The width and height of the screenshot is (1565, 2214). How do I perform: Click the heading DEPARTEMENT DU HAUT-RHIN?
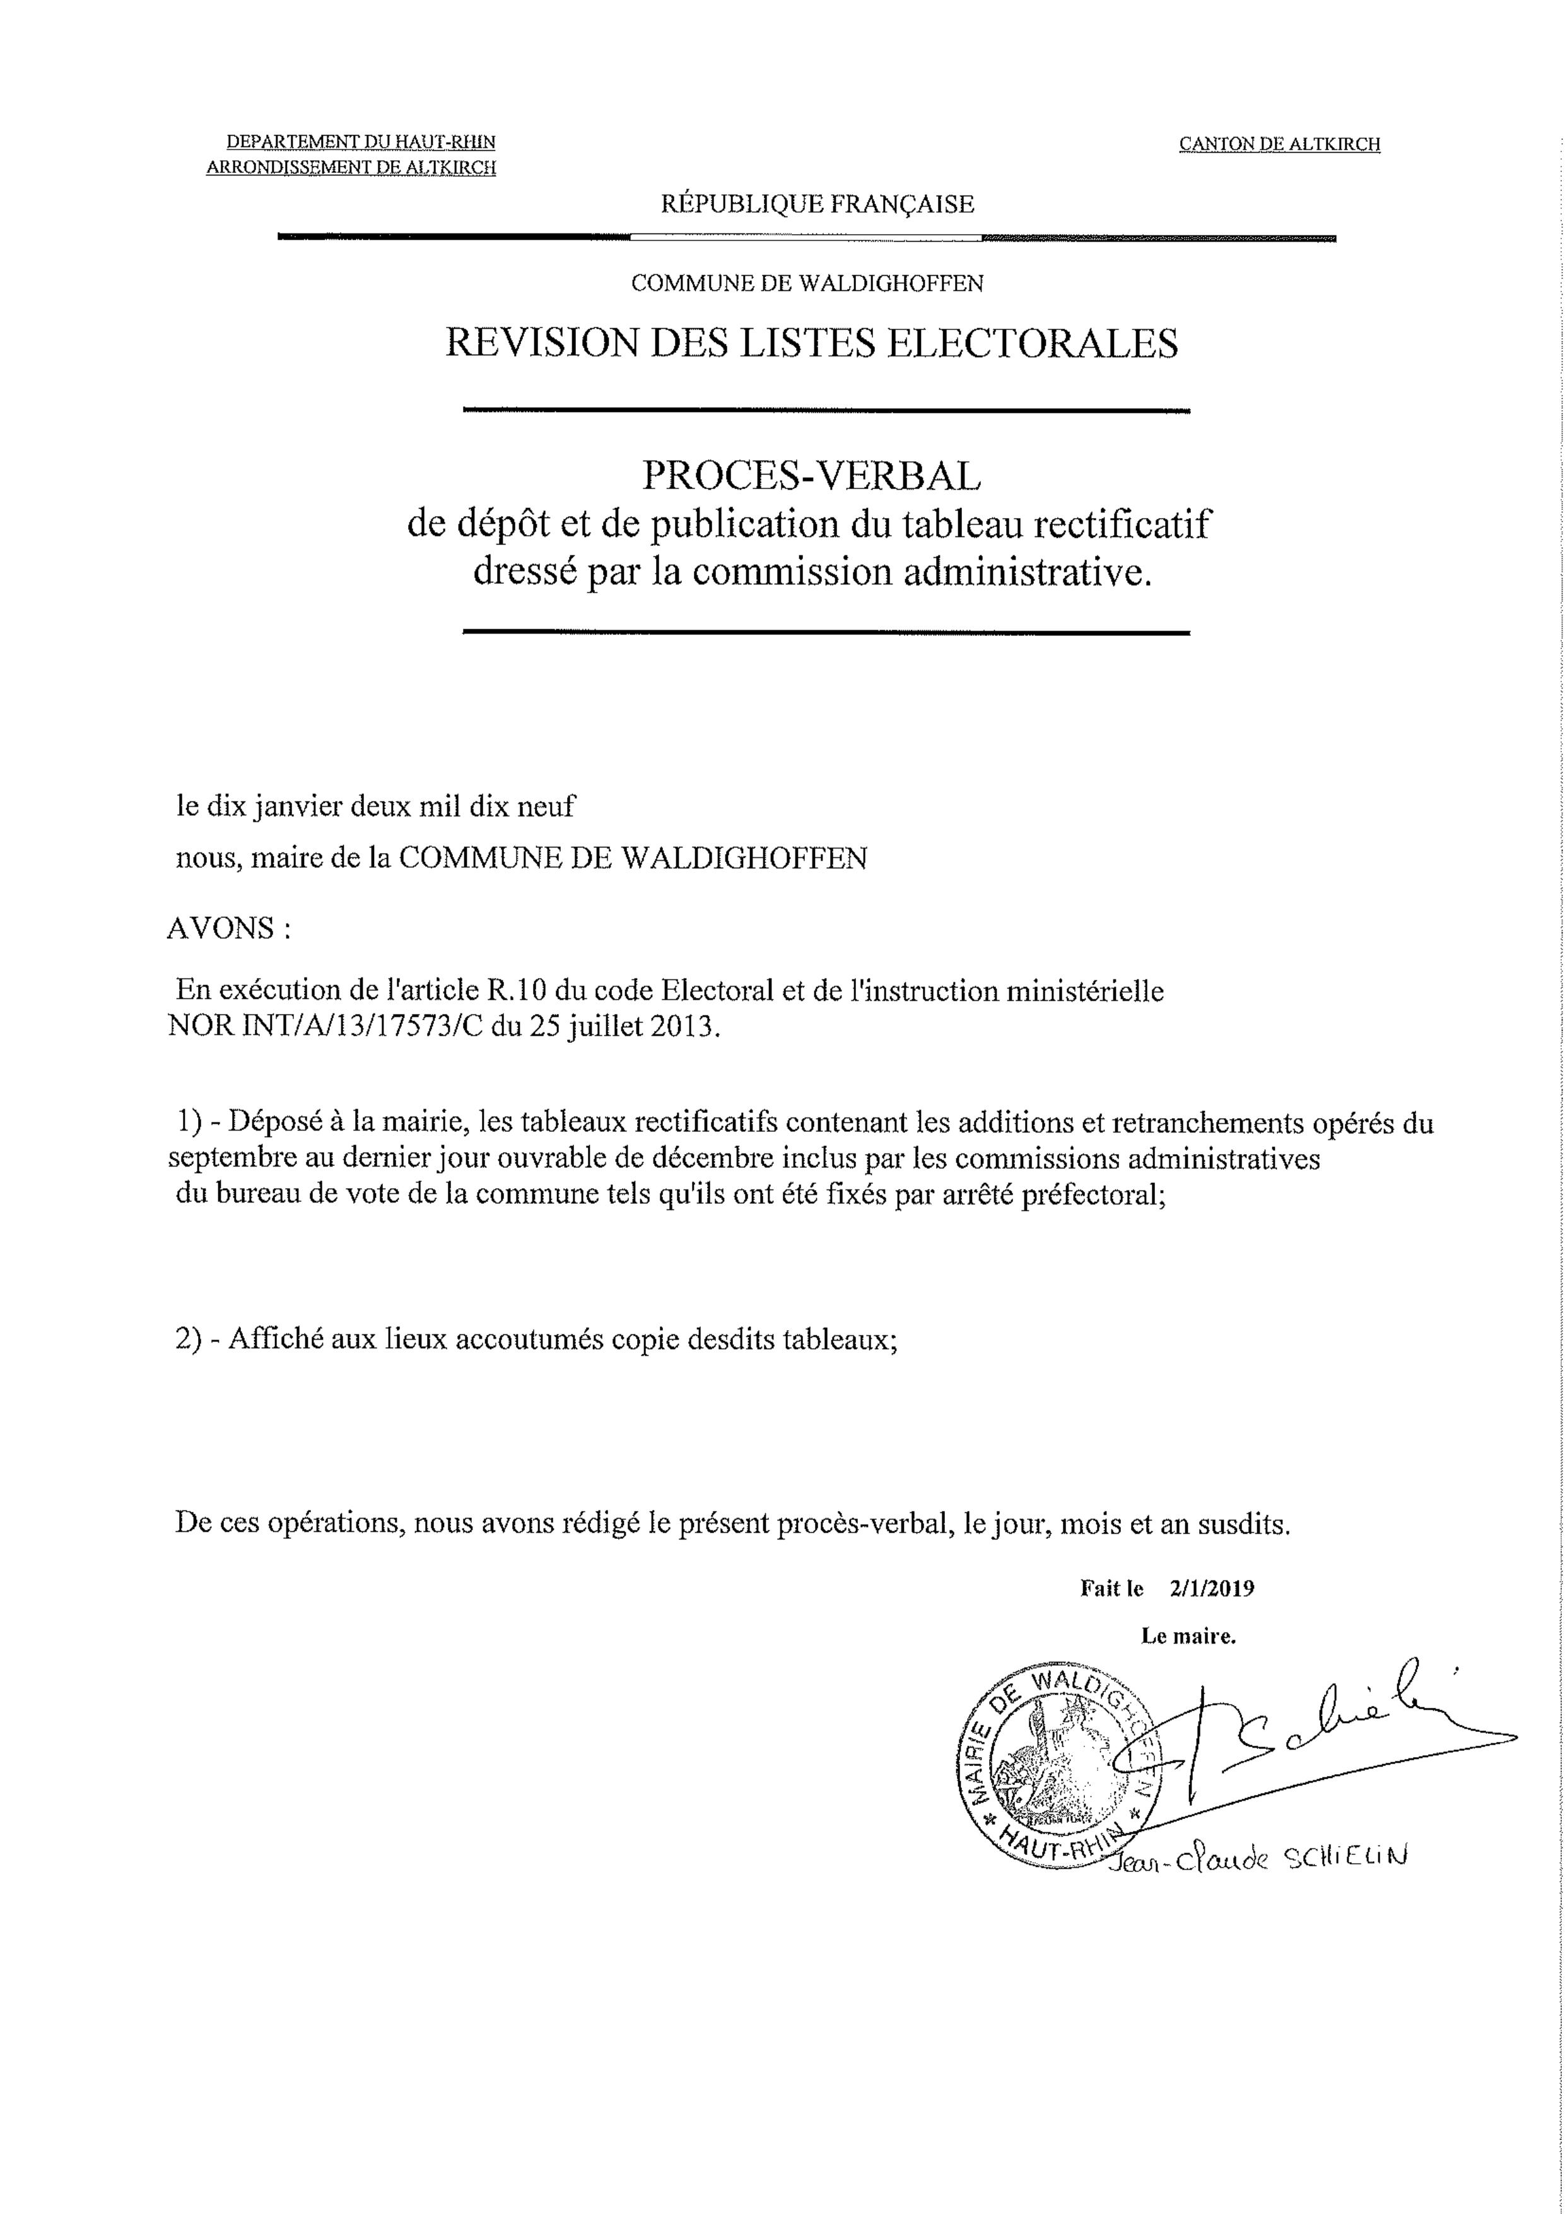pos(361,142)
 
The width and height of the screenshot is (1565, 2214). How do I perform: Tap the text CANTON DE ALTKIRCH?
pos(1280,144)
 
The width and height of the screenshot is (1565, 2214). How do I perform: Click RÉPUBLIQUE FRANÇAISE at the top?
pos(817,204)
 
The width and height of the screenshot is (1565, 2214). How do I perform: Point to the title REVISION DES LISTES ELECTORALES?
pos(811,343)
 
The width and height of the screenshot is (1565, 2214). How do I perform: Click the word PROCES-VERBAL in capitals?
pos(811,474)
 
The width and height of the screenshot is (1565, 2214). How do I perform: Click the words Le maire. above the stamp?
pos(1188,1637)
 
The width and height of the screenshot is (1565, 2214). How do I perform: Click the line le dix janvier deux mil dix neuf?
pos(375,806)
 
